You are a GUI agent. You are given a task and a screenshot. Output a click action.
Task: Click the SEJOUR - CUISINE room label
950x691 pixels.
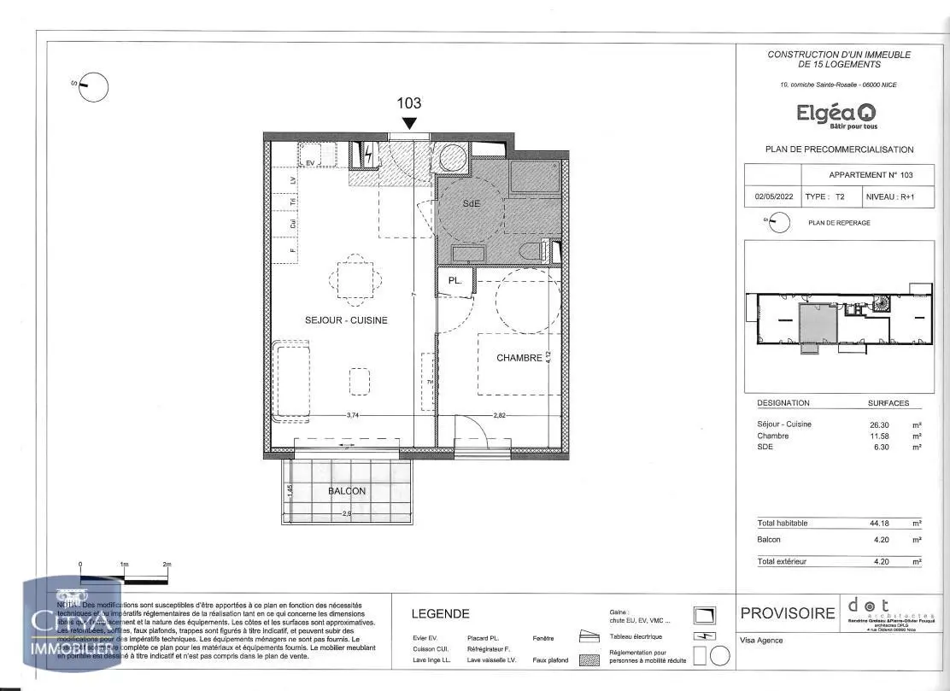(x=346, y=320)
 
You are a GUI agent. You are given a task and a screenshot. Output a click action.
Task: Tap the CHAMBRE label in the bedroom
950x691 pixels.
(x=519, y=358)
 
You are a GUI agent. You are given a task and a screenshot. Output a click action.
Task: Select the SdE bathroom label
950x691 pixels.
(x=472, y=203)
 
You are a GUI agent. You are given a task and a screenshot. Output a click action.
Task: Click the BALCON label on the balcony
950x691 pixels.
(x=347, y=491)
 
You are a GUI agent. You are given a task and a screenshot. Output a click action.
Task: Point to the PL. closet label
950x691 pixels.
(x=455, y=280)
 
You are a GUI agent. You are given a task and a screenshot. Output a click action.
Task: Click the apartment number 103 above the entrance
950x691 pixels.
(x=409, y=103)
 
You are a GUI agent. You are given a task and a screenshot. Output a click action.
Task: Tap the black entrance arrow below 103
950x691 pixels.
(x=409, y=123)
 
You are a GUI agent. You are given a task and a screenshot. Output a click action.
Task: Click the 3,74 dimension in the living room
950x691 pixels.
(x=352, y=415)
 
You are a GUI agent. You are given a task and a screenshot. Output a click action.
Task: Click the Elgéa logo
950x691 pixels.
(x=836, y=114)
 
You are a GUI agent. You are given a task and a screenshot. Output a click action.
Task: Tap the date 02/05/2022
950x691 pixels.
(x=773, y=196)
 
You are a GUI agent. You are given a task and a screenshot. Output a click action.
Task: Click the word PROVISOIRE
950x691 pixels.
(x=787, y=613)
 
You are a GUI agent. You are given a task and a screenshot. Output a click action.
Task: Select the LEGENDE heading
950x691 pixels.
(x=440, y=613)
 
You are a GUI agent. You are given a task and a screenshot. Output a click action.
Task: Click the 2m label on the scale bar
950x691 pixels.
(x=167, y=565)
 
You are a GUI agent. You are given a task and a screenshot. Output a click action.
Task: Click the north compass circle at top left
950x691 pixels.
(x=94, y=87)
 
